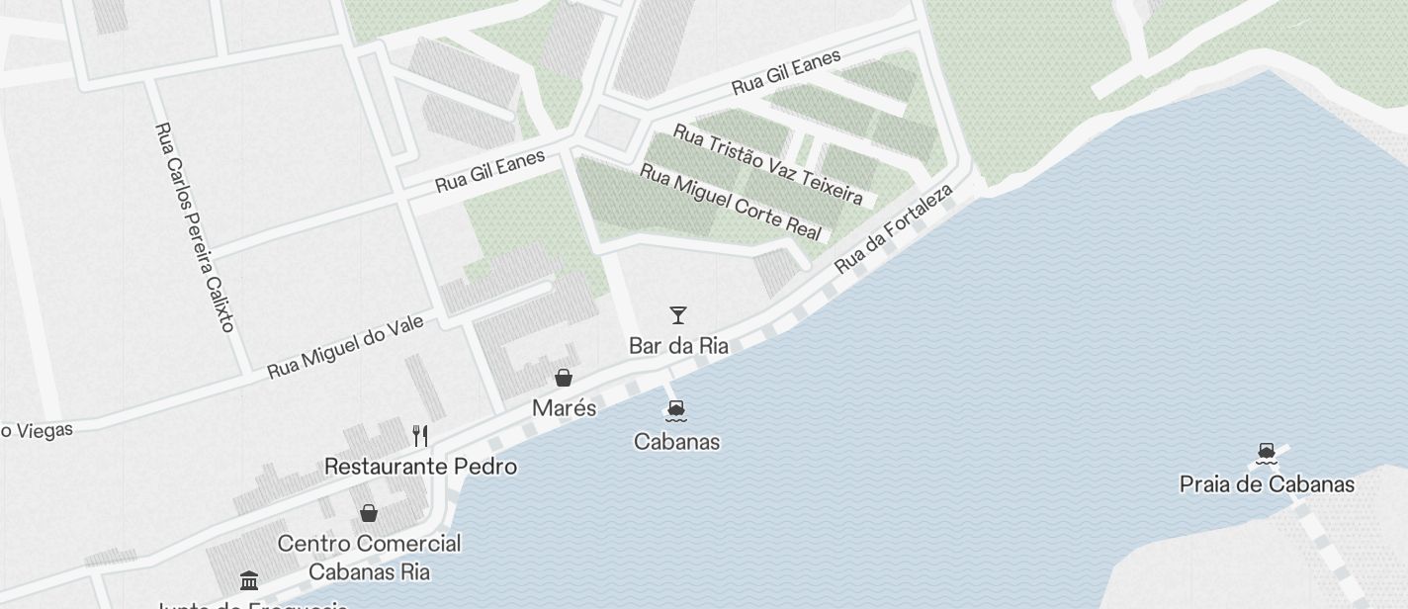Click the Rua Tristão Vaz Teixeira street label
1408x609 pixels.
[767, 163]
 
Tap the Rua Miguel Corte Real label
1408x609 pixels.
[731, 201]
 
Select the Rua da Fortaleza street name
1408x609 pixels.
[893, 228]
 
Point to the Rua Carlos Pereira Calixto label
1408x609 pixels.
[195, 226]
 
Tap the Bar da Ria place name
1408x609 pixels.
[678, 346]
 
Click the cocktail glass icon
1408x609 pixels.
[678, 315]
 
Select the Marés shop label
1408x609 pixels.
[564, 408]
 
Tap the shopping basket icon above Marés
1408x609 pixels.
[564, 378]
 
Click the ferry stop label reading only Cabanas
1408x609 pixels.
[676, 442]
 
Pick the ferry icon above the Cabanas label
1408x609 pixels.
[676, 410]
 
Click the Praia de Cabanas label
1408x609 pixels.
[1267, 484]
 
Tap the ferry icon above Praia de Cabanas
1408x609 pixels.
[1267, 454]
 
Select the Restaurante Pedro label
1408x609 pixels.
[421, 466]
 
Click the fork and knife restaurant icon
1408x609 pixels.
[421, 435]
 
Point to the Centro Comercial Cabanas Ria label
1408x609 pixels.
[369, 558]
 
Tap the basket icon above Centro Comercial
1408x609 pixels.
[369, 513]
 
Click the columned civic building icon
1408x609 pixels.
[249, 580]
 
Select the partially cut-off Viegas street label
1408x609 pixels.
[37, 430]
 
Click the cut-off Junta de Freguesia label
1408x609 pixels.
[253, 604]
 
